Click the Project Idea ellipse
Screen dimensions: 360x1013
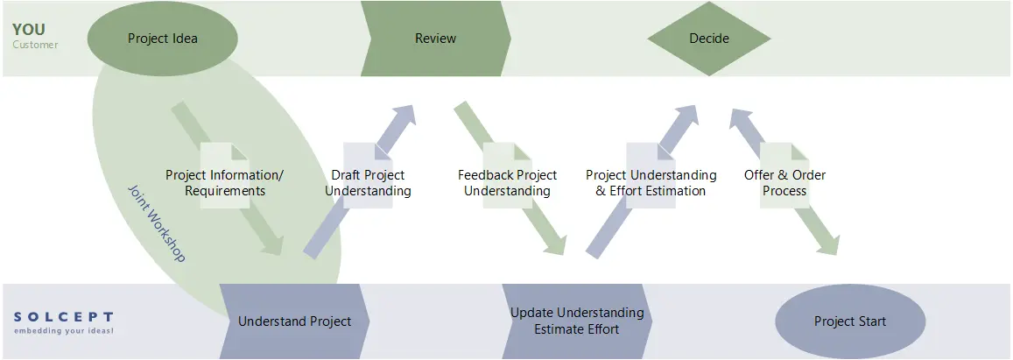click(163, 39)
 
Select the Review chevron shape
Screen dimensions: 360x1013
click(435, 39)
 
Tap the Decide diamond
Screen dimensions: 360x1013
click(708, 39)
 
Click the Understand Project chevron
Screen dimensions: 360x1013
click(294, 321)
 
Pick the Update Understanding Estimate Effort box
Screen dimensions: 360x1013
click(576, 321)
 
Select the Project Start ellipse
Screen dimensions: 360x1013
click(849, 321)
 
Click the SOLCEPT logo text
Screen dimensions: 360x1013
click(63, 316)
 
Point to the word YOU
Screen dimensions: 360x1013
click(29, 30)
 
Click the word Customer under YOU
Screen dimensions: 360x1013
click(35, 45)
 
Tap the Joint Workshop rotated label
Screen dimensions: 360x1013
click(158, 223)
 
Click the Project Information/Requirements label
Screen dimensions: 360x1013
click(224, 183)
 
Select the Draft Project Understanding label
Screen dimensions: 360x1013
click(368, 183)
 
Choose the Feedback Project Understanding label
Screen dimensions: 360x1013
click(507, 183)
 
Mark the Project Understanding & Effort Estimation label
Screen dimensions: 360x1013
click(651, 183)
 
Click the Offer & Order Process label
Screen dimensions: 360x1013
click(784, 183)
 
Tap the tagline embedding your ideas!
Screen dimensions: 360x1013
click(63, 331)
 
